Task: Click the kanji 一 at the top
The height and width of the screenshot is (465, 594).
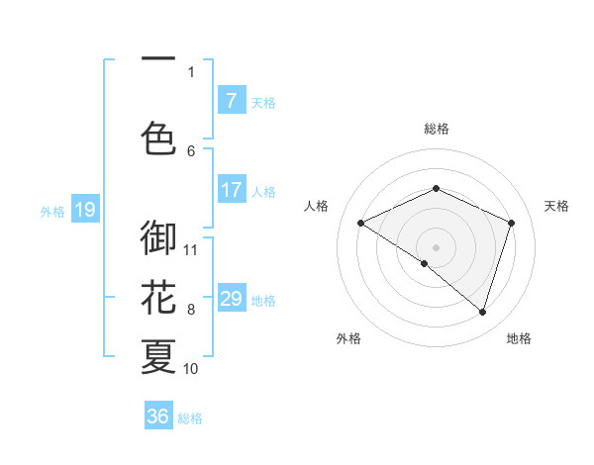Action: point(158,60)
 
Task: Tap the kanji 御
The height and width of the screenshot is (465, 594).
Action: point(158,237)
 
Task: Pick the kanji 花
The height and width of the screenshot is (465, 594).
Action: point(158,297)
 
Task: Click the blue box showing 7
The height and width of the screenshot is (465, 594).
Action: point(231,101)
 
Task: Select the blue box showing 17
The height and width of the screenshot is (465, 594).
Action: point(231,190)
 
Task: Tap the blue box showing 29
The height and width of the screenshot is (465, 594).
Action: point(231,299)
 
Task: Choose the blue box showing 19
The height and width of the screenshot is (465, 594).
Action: point(84,210)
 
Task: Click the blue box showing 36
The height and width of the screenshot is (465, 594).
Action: point(157,417)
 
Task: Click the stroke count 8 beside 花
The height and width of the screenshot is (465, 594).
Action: point(191,310)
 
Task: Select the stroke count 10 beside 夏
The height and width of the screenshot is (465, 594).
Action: point(191,369)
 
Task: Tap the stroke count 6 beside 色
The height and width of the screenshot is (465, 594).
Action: point(191,150)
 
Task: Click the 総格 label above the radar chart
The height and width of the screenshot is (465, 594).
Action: point(436,129)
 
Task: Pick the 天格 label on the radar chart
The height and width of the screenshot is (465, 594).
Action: point(556,206)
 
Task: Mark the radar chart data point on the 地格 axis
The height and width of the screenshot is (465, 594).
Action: point(482,313)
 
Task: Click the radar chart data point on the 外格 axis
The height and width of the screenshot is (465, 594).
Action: point(425,263)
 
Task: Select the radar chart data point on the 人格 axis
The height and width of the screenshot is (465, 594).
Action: point(361,224)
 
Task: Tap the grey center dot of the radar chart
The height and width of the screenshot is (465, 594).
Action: point(436,247)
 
